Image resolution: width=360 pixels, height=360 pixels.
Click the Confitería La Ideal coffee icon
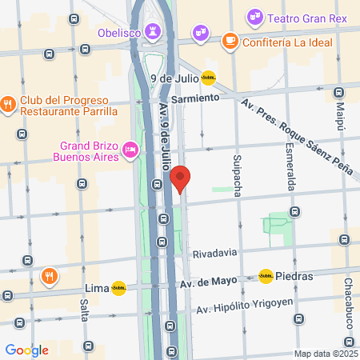(x=230, y=39)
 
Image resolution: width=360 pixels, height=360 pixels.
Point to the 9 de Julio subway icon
(x=208, y=78)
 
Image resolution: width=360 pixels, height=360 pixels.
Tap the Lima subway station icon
(x=119, y=287)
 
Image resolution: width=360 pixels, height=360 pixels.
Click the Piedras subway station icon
(x=265, y=276)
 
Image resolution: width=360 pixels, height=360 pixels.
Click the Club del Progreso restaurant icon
(x=8, y=102)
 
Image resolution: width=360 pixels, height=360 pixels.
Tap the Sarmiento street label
(x=194, y=98)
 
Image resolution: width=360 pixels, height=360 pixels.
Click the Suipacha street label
(x=238, y=174)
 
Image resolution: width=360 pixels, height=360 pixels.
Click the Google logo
(x=26, y=350)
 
